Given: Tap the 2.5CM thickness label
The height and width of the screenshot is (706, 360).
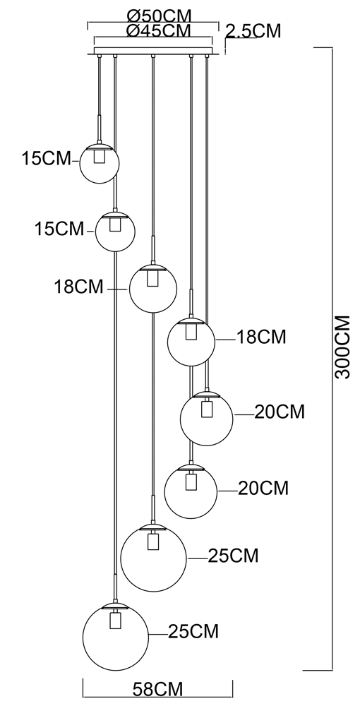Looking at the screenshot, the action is pos(253,32).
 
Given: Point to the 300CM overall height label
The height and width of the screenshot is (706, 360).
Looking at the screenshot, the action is pos(343,347).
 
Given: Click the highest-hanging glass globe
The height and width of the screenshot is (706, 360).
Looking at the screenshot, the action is pos(100,164).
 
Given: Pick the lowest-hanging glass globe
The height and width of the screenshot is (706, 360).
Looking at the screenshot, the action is pos(116,636).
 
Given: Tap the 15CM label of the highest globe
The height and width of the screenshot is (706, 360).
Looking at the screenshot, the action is pos(47,158).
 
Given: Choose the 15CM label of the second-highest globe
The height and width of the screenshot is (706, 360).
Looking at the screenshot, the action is pos(59,229).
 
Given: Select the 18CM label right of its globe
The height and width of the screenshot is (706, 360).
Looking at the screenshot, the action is pos(261,337).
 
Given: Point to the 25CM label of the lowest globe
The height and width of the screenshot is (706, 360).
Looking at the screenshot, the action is pos(193,632).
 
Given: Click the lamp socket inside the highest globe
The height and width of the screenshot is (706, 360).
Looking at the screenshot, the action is pos(100,156).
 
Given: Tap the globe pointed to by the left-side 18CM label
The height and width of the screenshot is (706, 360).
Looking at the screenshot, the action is pos(153,288).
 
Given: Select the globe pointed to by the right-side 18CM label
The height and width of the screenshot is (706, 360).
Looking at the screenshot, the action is pos(191,342).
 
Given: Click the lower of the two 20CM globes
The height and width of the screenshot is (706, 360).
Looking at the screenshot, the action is pos(191,491).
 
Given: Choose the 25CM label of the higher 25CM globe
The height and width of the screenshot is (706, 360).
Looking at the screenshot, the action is pos(234,556).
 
